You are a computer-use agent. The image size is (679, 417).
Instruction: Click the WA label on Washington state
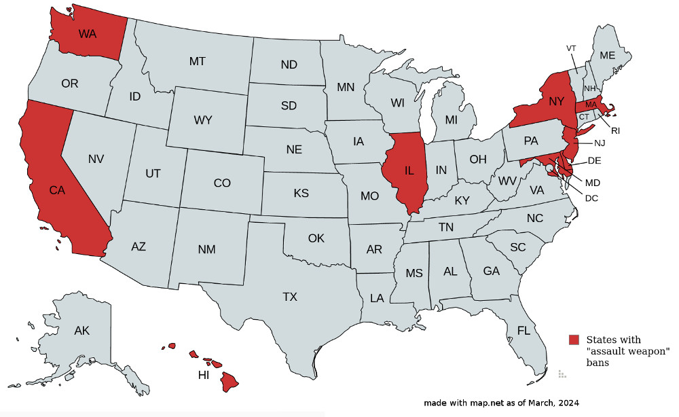click(x=87, y=33)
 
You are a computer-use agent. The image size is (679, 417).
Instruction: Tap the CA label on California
click(x=57, y=191)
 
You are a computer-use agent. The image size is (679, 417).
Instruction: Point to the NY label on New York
click(x=557, y=101)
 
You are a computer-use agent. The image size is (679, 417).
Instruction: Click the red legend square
click(x=574, y=340)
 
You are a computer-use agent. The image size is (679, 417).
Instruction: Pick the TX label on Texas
click(x=290, y=297)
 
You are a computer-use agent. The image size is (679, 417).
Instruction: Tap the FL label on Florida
click(x=524, y=331)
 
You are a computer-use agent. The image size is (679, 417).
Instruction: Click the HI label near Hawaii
click(x=203, y=375)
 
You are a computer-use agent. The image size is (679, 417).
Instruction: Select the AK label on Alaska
click(x=81, y=331)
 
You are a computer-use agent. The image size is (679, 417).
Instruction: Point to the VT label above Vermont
click(x=571, y=48)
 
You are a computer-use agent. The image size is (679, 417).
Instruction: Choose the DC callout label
click(x=591, y=198)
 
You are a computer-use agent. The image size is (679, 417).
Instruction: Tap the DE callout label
click(x=594, y=160)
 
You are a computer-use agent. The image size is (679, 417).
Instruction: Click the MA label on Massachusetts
click(x=590, y=105)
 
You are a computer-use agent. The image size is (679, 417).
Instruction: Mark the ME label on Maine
click(x=608, y=55)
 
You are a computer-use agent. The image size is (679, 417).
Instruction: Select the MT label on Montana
click(x=197, y=61)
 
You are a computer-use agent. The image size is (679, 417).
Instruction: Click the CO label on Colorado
click(x=222, y=183)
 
